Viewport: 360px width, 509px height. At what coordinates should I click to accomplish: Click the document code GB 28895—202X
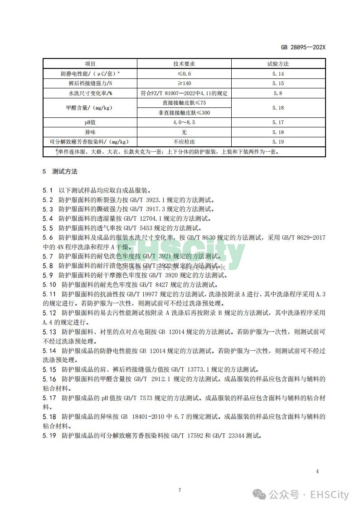click(x=303, y=47)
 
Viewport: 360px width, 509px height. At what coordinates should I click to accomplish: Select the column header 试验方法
click(x=278, y=63)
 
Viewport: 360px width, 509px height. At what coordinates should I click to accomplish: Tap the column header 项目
click(x=90, y=63)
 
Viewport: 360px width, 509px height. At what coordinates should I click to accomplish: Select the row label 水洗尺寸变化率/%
click(x=90, y=93)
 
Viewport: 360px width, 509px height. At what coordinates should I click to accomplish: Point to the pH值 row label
click(x=90, y=122)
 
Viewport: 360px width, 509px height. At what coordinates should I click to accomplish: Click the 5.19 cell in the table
click(x=278, y=142)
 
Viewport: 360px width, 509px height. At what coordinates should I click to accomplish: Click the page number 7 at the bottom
click(x=180, y=490)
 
